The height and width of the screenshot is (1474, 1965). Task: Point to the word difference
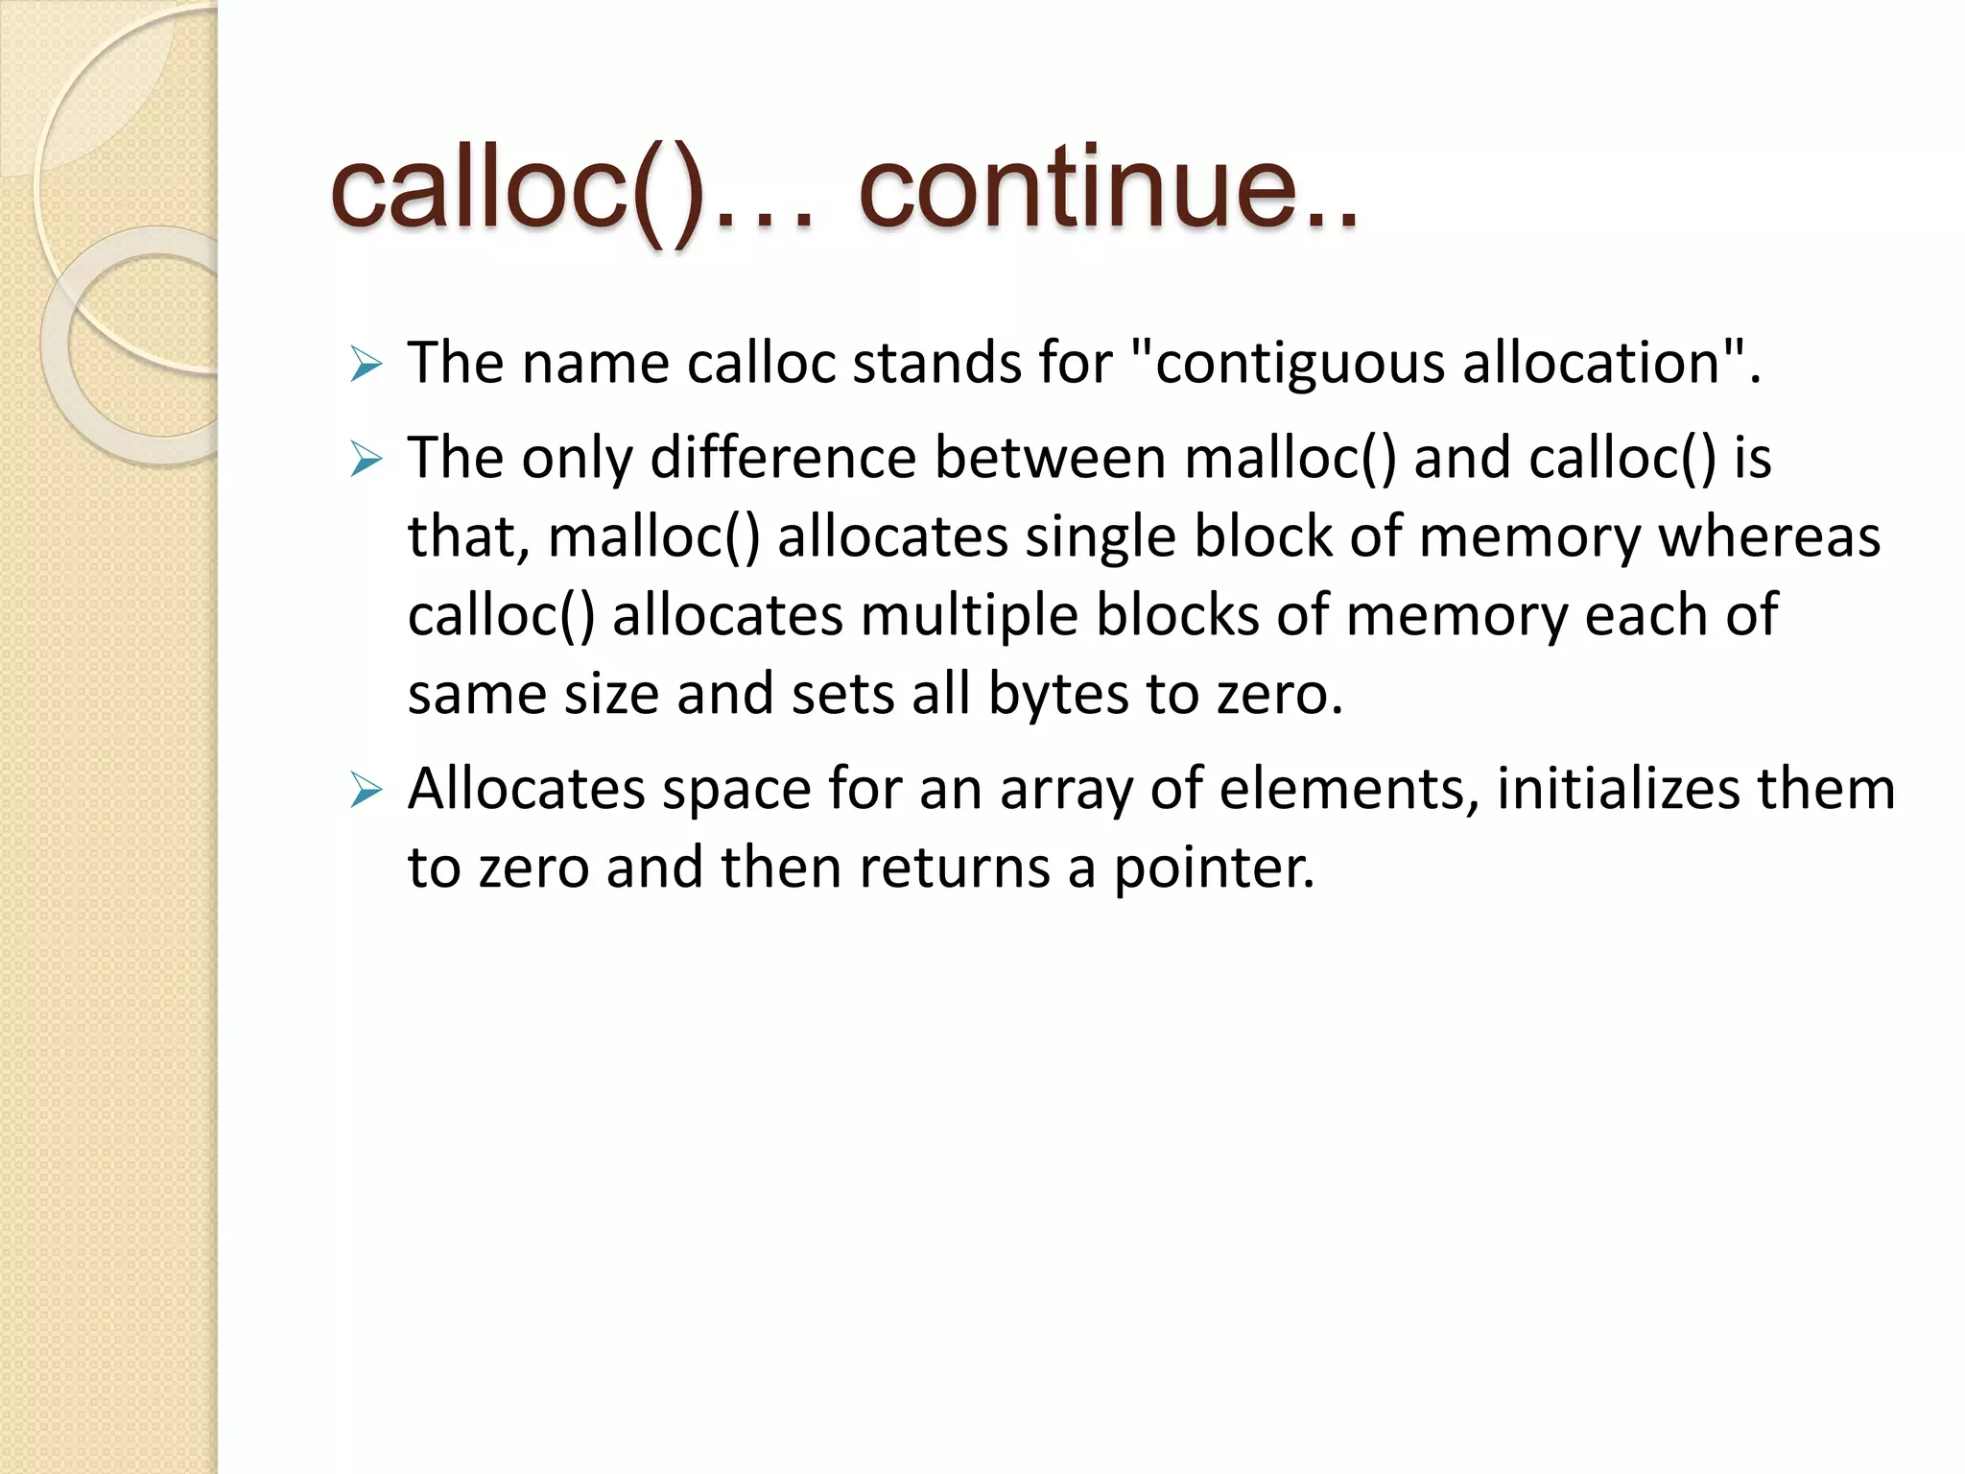pyautogui.click(x=783, y=458)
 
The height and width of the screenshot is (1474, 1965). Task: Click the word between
pyautogui.click(x=1051, y=458)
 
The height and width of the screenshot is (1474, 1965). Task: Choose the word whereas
pyautogui.click(x=1769, y=536)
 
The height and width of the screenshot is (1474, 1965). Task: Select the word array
pyautogui.click(x=1066, y=791)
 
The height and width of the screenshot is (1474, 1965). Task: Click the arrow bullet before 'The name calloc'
pyautogui.click(x=367, y=365)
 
